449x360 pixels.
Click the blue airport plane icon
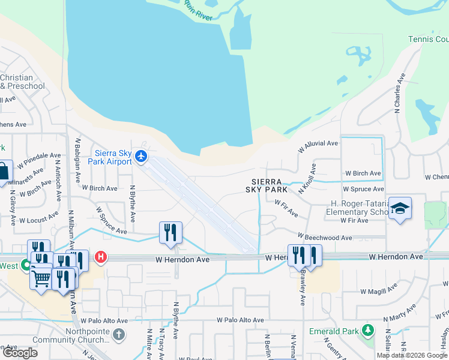tap(141, 157)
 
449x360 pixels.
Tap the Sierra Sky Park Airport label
tap(113, 157)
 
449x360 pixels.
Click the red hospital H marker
tap(101, 257)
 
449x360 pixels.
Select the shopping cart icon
tap(41, 277)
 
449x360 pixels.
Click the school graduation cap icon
tap(400, 208)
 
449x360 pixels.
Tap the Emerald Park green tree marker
tap(369, 331)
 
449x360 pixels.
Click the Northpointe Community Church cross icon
tap(119, 334)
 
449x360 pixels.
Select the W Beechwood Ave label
tap(324, 238)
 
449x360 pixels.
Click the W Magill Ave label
tap(378, 290)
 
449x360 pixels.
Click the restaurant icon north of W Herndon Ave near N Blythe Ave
tap(170, 232)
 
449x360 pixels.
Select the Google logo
tap(20, 353)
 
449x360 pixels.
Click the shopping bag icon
tap(4, 171)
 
